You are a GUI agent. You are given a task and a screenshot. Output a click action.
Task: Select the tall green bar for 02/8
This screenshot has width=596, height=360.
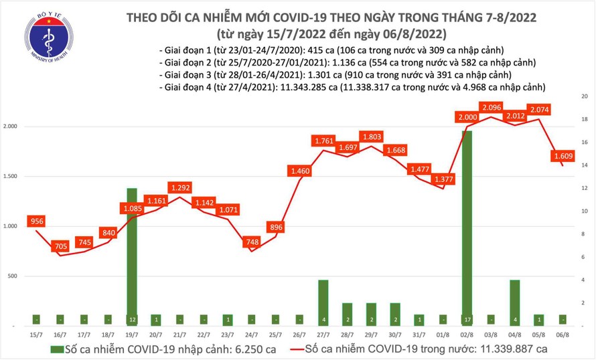(467, 228)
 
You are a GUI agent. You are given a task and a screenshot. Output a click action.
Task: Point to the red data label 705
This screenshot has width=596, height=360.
(60, 247)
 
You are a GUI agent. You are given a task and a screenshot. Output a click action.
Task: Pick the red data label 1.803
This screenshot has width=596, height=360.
(372, 137)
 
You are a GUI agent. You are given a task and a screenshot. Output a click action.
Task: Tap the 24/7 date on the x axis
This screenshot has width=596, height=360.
(252, 334)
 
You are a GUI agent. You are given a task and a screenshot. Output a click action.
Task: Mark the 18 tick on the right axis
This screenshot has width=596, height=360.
(585, 120)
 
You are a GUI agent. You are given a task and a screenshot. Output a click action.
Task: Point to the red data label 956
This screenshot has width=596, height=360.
(36, 221)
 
